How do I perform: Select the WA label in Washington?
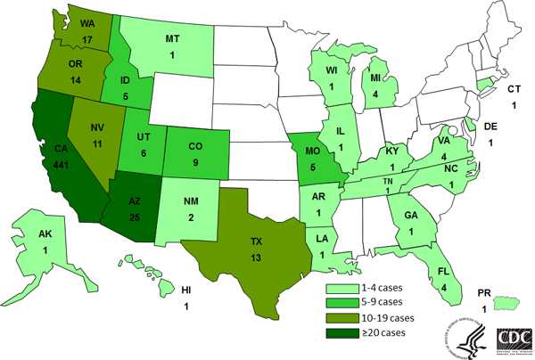[86, 26]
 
